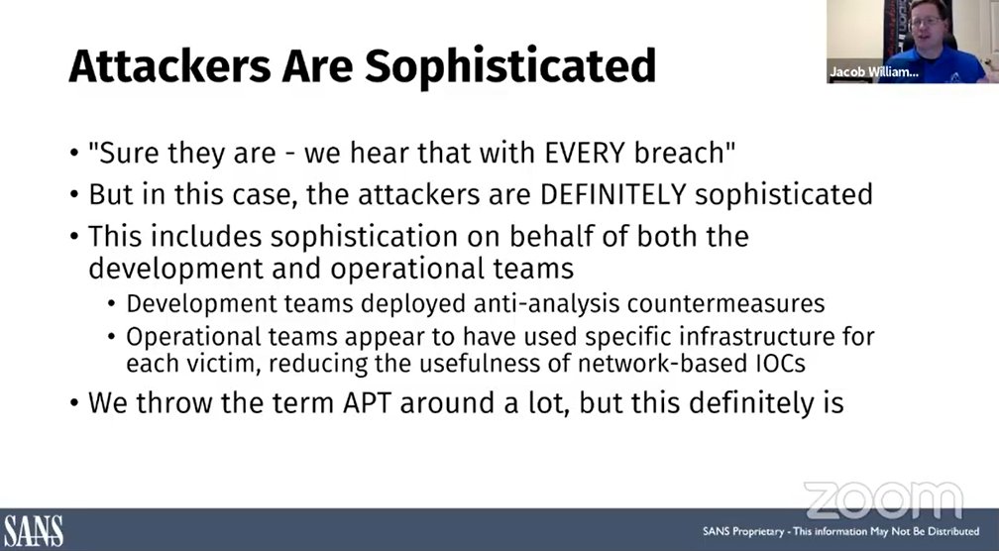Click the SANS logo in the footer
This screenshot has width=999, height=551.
33,530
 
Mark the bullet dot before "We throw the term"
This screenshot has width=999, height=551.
74,405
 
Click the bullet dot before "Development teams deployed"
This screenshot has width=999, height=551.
115,304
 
